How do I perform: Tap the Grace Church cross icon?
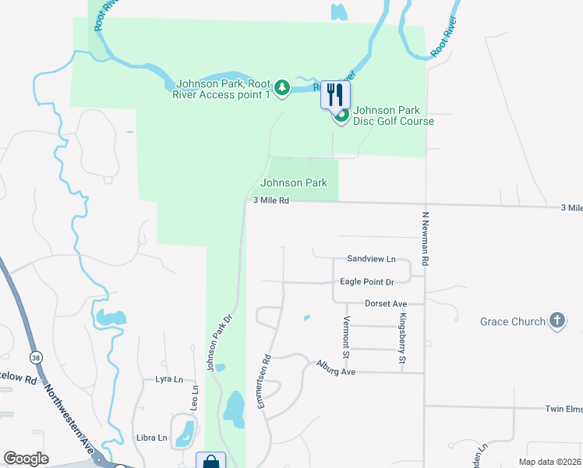tap(556, 321)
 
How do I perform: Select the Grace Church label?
tap(512, 321)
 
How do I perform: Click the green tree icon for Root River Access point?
tap(283, 87)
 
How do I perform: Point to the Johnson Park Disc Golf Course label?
tap(393, 115)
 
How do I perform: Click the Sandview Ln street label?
tap(372, 259)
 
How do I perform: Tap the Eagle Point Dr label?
tap(367, 282)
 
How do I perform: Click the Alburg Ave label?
tap(335, 367)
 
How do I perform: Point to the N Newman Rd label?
tap(426, 239)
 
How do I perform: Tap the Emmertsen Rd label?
tap(265, 382)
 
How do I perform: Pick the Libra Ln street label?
tap(151, 438)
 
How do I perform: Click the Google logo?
tap(26, 459)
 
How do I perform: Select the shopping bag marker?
tap(210, 462)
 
